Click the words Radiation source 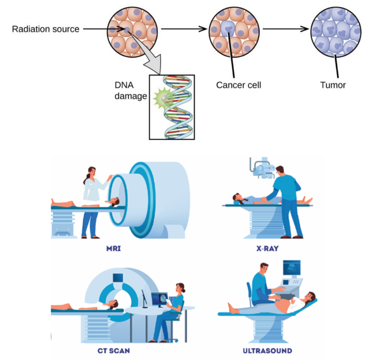45,29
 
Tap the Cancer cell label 238,85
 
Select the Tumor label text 333,85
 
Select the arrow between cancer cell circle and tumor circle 286,29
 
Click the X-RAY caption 267,249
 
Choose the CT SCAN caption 114,351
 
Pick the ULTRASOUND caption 267,351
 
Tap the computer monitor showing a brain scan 159,299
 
